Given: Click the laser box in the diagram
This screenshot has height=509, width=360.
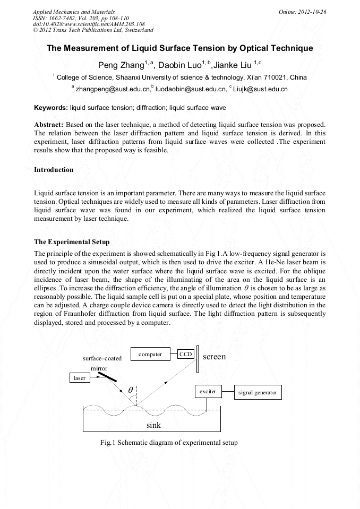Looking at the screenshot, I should (x=80, y=378).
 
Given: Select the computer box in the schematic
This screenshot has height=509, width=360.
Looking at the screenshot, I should (x=150, y=354).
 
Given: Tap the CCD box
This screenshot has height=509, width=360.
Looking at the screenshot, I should (x=185, y=354).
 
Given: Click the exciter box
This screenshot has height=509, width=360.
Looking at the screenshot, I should (x=208, y=392).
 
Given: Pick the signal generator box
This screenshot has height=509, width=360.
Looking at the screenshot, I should (x=258, y=393).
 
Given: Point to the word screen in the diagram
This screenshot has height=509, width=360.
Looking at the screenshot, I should (x=214, y=357).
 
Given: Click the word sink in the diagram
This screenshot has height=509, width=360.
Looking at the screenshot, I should (x=153, y=425).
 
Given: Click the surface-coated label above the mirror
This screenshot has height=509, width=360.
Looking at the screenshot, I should (x=102, y=358).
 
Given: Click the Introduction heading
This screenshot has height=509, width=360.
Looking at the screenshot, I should (x=54, y=170).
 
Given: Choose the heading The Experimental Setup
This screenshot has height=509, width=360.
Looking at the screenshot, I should (x=71, y=242).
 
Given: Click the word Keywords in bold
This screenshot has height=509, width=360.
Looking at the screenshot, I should (x=51, y=107).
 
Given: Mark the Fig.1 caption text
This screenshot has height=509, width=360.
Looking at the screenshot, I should (x=169, y=442).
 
